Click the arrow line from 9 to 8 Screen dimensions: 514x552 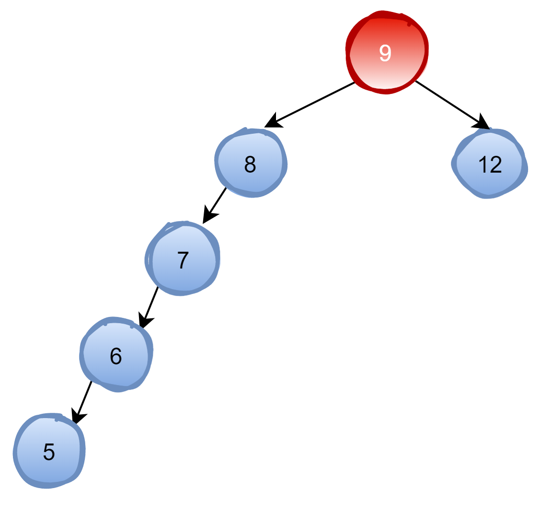[x=316, y=101]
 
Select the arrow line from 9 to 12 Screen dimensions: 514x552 [x=446, y=101]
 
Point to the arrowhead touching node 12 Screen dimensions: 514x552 [x=482, y=123]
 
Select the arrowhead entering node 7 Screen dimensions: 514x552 [x=209, y=215]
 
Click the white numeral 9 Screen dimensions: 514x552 [x=385, y=53]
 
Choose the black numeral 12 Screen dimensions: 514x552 [x=490, y=164]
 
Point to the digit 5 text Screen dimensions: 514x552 [x=49, y=452]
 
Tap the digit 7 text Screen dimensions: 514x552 [x=183, y=260]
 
